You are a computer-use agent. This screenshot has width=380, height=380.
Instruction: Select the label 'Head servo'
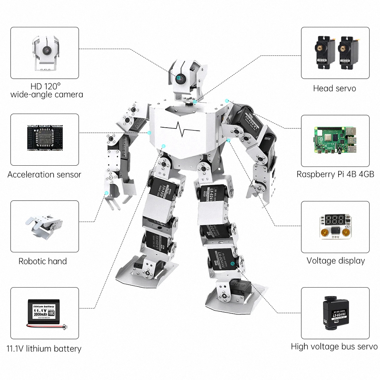tap(334, 89)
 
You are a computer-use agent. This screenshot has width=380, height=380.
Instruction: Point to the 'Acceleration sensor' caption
tap(44, 175)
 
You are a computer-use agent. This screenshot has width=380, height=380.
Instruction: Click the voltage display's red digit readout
tap(335, 220)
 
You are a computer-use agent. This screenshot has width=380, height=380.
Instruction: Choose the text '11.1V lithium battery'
tap(44, 348)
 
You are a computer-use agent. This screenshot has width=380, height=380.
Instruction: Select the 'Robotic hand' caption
tap(43, 261)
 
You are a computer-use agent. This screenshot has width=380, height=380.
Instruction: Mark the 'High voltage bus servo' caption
tap(334, 347)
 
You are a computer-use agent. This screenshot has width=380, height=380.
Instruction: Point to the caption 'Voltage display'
tap(336, 261)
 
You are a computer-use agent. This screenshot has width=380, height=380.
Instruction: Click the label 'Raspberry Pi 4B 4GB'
tap(335, 175)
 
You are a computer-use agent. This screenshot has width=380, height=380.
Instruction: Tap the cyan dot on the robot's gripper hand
tap(107, 193)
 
